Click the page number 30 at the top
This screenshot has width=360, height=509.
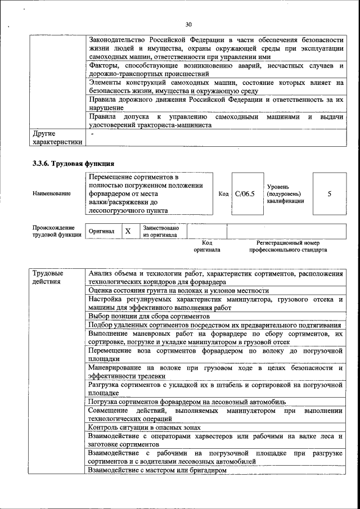(188, 24)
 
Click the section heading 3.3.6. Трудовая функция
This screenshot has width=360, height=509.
(69, 163)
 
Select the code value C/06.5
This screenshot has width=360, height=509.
(245, 193)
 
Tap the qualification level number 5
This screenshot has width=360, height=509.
(329, 193)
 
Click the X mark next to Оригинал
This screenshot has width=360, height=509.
(128, 231)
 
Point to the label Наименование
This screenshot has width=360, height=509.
(52, 193)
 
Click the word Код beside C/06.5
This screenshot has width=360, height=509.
(223, 193)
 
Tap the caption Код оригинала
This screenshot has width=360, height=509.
(206, 246)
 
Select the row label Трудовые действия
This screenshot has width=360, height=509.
(48, 277)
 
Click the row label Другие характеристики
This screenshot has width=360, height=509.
(57, 138)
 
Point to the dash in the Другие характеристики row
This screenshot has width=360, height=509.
(92, 134)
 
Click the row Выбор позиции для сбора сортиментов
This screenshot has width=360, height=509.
(148, 317)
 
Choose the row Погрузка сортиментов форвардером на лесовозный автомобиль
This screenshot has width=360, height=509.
(187, 402)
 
